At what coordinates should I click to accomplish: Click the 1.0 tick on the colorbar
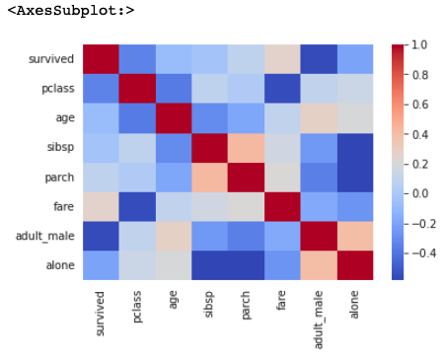419,45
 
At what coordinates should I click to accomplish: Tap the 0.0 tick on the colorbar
419,193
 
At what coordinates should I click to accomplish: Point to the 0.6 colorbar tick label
419,105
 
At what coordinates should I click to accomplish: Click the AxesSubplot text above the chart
70,11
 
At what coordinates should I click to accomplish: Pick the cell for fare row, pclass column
137,207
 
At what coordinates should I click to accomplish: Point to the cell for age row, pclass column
137,118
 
